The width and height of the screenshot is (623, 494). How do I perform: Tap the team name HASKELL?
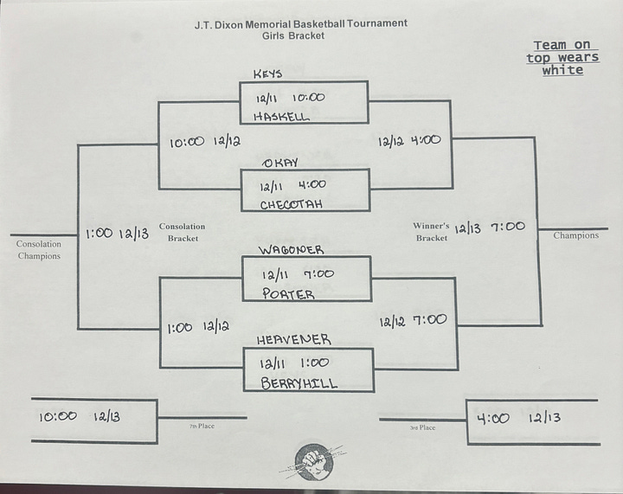click(x=281, y=116)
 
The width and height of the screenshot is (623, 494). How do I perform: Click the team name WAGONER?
click(x=291, y=250)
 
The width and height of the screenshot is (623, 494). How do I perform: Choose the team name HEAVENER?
click(x=294, y=340)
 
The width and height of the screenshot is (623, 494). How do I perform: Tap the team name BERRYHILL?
click(x=299, y=383)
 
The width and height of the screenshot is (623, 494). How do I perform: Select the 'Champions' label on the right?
click(x=575, y=235)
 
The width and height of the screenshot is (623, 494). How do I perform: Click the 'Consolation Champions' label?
click(x=39, y=250)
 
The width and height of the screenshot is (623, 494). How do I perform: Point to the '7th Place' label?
click(x=202, y=427)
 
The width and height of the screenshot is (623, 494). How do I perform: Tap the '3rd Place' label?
click(x=423, y=427)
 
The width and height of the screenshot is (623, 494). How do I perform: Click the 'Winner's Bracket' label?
click(x=430, y=232)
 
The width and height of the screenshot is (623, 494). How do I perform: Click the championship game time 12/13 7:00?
click(x=488, y=227)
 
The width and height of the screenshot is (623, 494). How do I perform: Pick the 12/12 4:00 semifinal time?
click(x=409, y=139)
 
